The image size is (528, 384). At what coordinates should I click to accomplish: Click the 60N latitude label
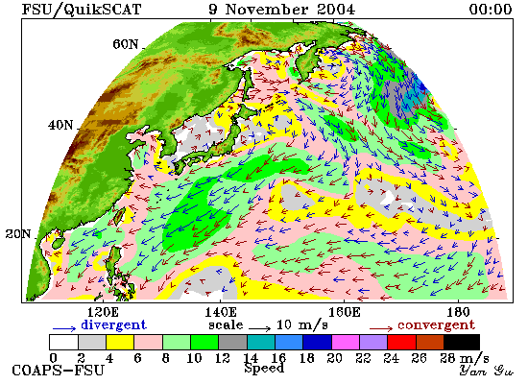tap(126, 44)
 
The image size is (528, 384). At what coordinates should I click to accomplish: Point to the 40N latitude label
tap(60, 126)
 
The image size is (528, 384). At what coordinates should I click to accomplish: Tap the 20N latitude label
tap(18, 234)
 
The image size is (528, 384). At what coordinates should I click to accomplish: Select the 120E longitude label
tap(103, 312)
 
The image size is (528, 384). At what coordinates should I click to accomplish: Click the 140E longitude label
tap(221, 312)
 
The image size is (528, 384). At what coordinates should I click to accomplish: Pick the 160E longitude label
tap(344, 312)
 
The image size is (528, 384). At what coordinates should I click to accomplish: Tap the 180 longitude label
tap(458, 312)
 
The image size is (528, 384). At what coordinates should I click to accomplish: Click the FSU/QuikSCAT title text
tap(82, 9)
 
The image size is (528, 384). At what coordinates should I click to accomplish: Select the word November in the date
tap(266, 9)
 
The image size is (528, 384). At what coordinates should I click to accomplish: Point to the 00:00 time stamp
tap(491, 9)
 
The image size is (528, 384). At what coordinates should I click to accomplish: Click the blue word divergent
tap(114, 324)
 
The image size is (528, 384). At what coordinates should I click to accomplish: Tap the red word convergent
tap(436, 325)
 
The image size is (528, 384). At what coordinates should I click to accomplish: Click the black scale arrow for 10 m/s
tap(259, 328)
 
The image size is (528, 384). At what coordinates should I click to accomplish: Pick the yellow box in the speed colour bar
tap(120, 342)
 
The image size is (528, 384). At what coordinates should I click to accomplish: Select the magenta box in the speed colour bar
tap(346, 342)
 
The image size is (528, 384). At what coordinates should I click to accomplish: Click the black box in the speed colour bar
tap(462, 342)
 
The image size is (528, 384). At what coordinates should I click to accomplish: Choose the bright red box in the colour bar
tap(402, 342)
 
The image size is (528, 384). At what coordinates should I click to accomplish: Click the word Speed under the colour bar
tap(264, 368)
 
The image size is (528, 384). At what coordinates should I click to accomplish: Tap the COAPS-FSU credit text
tap(58, 371)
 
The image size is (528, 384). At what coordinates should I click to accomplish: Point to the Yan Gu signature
tap(487, 371)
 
